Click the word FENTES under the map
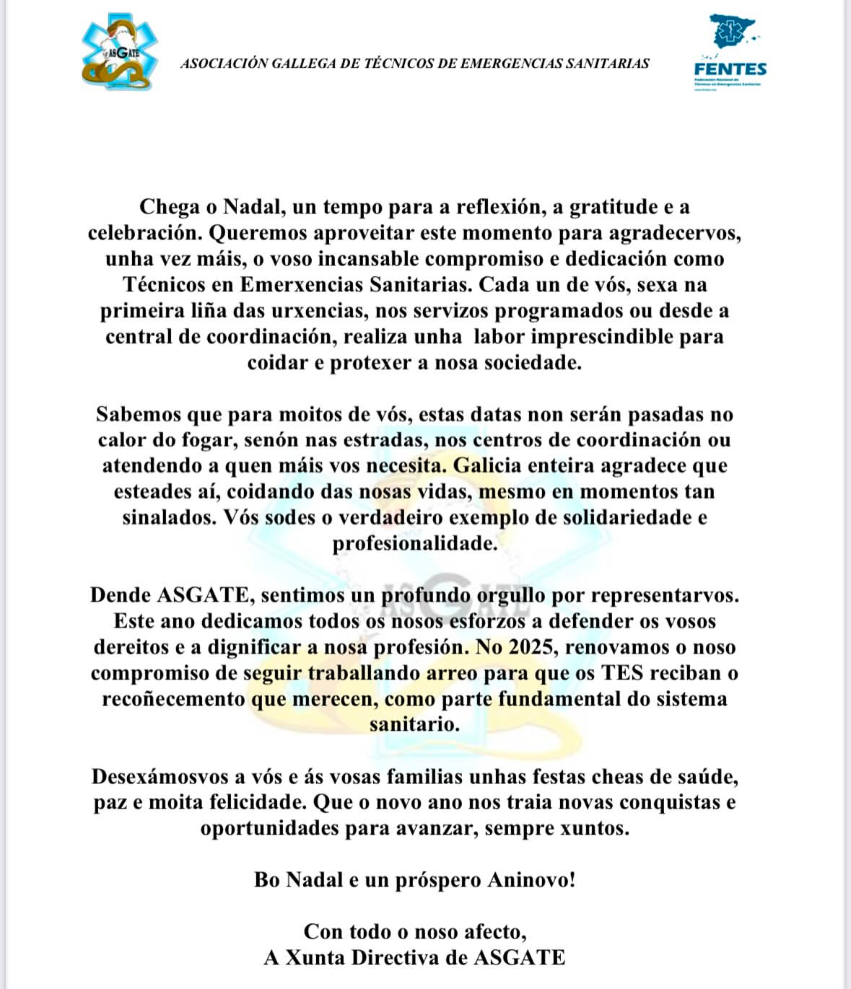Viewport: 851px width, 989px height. [x=730, y=69]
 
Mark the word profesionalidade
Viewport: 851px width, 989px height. [x=415, y=543]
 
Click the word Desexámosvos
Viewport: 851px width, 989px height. [x=159, y=777]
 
